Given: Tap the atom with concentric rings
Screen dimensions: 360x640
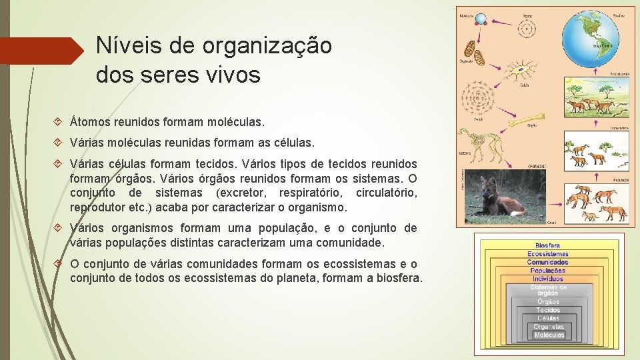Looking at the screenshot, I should [526, 29].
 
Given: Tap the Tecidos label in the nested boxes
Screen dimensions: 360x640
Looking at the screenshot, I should [549, 310].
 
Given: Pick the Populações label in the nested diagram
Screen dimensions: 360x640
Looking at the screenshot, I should [549, 271].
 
